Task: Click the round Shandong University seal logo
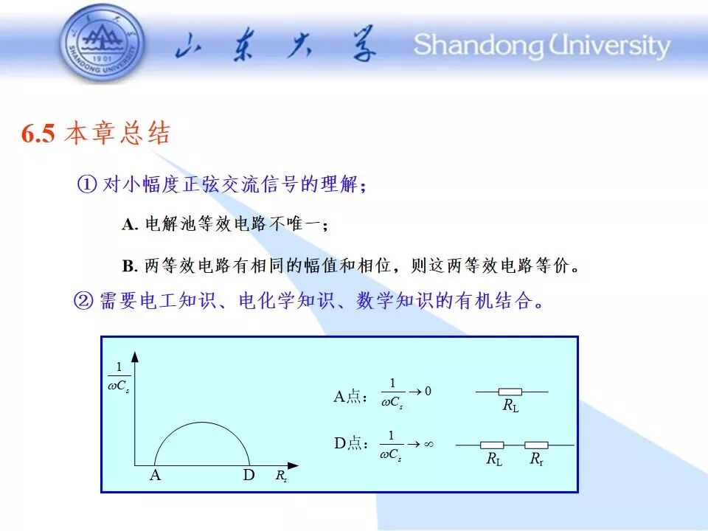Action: [103, 44]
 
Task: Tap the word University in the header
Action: [609, 45]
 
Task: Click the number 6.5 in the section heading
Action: [38, 133]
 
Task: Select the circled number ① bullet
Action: [87, 184]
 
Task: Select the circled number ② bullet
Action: [83, 300]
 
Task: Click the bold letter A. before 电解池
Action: [130, 224]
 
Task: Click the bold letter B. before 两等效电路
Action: [130, 266]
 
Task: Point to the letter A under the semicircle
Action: [155, 475]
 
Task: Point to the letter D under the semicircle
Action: [249, 475]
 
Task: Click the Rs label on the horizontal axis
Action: [281, 476]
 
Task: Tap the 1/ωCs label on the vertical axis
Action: [119, 377]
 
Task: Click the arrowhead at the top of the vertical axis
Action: [134, 357]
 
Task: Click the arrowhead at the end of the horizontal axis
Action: [293, 465]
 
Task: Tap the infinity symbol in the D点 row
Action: [428, 444]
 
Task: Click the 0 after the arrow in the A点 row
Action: [428, 391]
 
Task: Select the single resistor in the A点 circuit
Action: [510, 392]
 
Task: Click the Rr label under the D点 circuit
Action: [536, 459]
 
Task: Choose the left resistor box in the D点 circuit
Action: [492, 445]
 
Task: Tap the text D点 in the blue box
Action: [347, 443]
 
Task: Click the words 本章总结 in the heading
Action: [117, 133]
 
